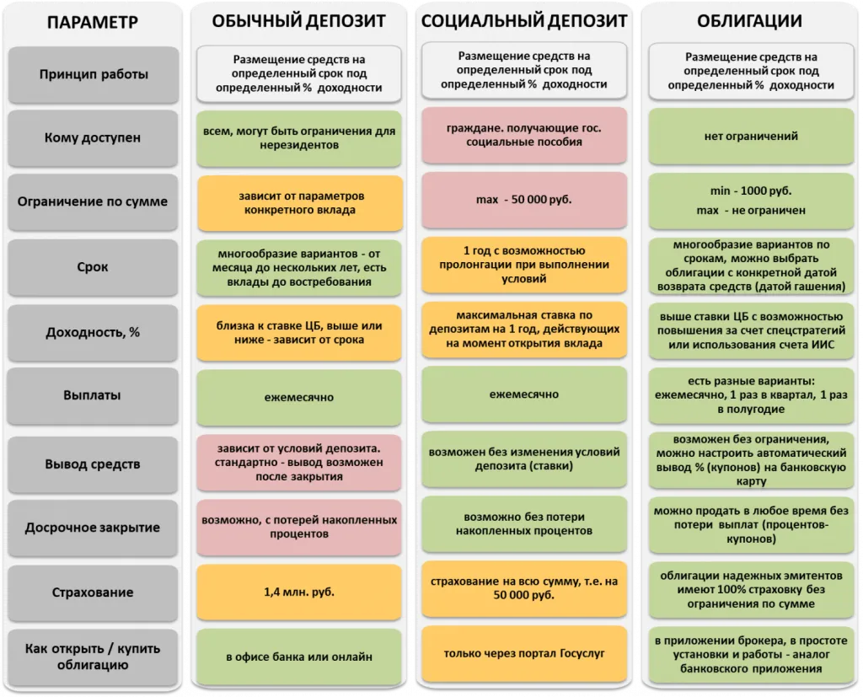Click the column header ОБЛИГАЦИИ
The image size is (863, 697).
[749, 21]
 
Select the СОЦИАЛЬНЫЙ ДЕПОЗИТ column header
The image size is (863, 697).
[524, 21]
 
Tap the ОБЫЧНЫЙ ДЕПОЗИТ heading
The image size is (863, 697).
[299, 21]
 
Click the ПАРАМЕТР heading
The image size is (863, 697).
[93, 22]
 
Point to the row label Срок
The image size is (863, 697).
[93, 267]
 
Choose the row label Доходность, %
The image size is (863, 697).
[93, 333]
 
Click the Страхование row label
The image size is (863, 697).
[93, 592]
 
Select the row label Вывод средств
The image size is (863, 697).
[93, 464]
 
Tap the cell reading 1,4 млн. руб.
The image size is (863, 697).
[299, 592]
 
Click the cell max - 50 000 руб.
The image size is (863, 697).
[524, 199]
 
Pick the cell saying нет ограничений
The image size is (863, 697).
[751, 136]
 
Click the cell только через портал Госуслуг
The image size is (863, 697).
[524, 653]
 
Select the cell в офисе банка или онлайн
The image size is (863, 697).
[299, 657]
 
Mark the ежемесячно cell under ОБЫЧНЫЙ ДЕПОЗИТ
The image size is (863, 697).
[299, 397]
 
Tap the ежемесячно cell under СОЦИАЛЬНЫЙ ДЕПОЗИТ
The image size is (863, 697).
[524, 394]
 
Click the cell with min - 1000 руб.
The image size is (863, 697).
[751, 201]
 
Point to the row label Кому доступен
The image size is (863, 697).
[93, 137]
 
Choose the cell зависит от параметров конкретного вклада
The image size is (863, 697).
[300, 203]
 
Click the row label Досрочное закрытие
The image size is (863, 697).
[93, 528]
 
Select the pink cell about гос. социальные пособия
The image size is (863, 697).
[524, 135]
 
